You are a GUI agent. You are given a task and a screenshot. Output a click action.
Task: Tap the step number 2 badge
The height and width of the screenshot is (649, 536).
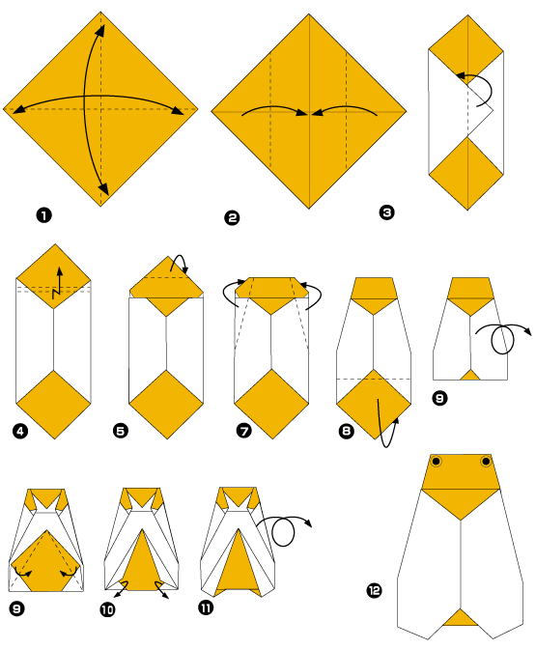231,218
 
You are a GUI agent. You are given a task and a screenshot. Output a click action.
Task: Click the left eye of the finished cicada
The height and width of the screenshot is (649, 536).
437,463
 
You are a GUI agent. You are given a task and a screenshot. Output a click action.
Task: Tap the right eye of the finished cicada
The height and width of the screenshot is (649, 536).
486,463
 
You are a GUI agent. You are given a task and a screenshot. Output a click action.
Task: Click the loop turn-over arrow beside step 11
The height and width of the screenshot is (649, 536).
290,529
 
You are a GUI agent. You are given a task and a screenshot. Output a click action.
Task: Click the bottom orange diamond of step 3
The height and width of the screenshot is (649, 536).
466,170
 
